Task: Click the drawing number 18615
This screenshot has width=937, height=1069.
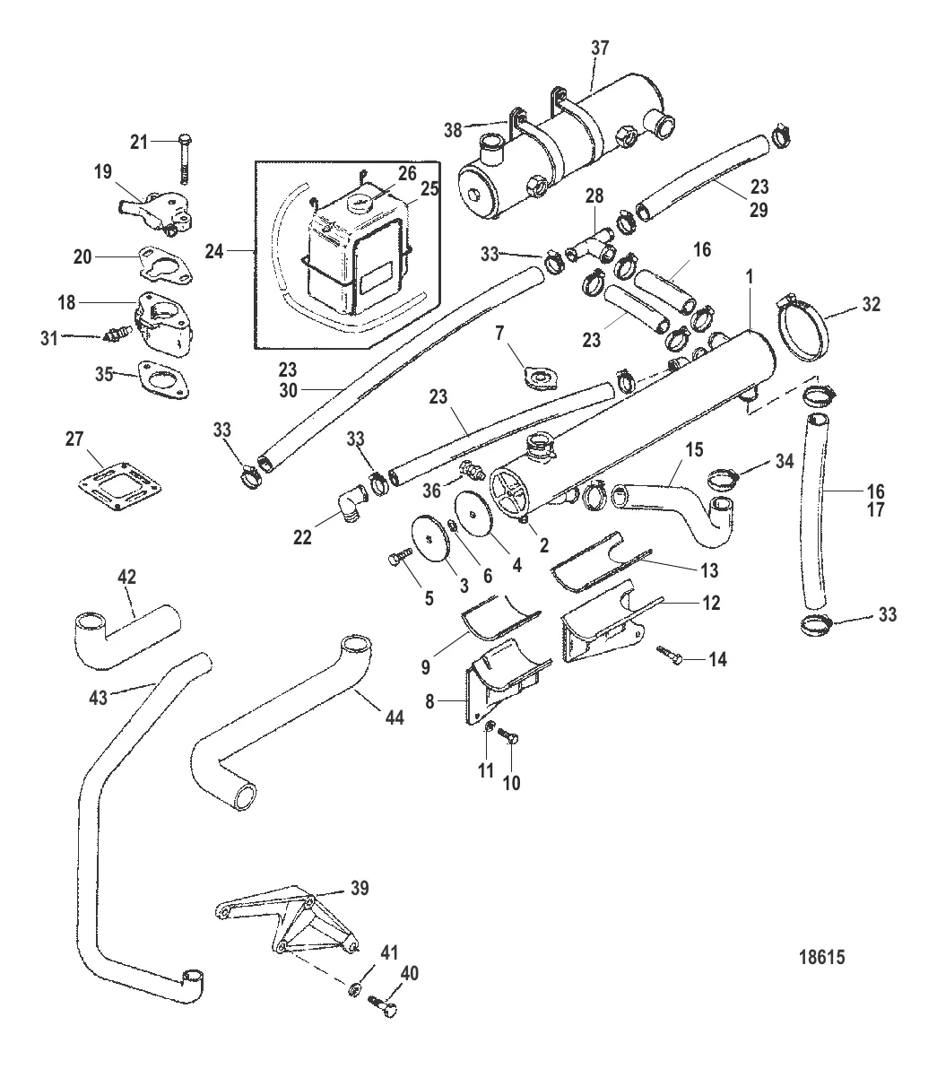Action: (x=820, y=957)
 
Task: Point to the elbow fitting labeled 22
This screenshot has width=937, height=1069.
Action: (x=349, y=505)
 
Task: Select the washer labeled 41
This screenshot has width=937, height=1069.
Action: (x=354, y=989)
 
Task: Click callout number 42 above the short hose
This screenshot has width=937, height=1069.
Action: (x=126, y=578)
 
